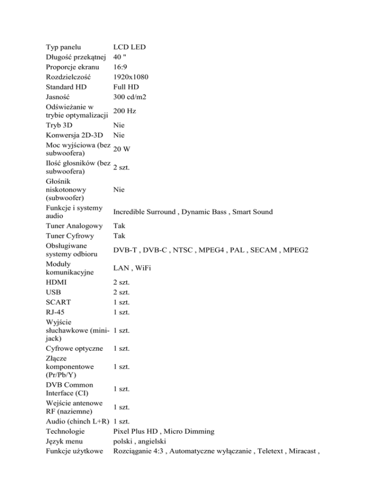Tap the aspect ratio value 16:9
[x=121, y=67]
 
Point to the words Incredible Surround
[x=145, y=212]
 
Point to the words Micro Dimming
[x=191, y=432]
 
